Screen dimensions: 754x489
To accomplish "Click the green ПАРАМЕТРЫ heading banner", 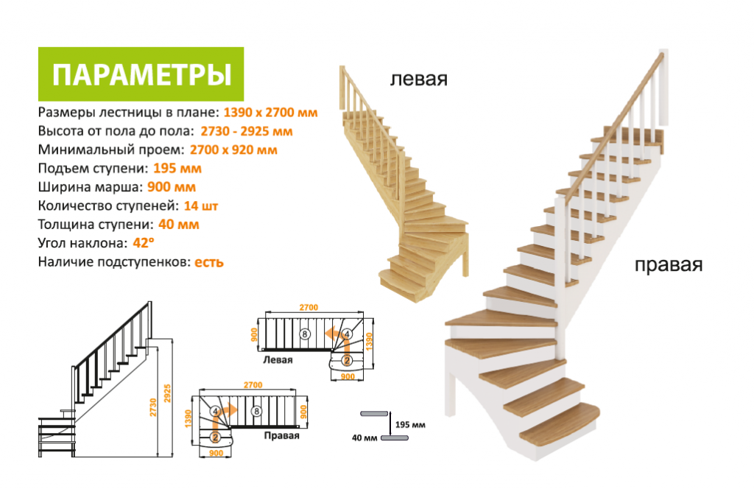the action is tap(141, 74).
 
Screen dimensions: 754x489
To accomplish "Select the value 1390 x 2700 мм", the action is tap(270, 113).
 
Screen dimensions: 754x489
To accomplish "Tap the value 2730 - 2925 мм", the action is tap(246, 131).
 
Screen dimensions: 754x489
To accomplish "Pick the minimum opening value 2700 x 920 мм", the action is tap(233, 150).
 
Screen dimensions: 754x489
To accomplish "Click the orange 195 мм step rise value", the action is tap(177, 169).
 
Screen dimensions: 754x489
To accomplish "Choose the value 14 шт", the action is tap(200, 205).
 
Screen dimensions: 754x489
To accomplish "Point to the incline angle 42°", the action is tap(144, 243).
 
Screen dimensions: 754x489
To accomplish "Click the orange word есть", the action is tap(208, 262).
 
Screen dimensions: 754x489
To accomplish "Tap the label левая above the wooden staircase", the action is tap(418, 79).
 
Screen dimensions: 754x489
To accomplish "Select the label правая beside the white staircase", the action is tap(669, 265).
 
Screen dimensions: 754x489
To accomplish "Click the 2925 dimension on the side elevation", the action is tap(167, 393).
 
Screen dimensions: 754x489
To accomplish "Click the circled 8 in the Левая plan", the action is tap(305, 333).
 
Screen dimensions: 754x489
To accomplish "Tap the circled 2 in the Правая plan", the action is tap(215, 437).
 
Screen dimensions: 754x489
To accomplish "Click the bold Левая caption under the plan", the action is tap(278, 359).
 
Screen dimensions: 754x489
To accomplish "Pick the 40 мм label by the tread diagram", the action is tap(364, 438).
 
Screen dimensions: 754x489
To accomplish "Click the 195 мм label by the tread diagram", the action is tap(410, 425).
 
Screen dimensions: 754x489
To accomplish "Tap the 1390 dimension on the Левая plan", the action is tap(370, 342).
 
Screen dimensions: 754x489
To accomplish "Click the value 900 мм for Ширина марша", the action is tap(171, 187).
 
